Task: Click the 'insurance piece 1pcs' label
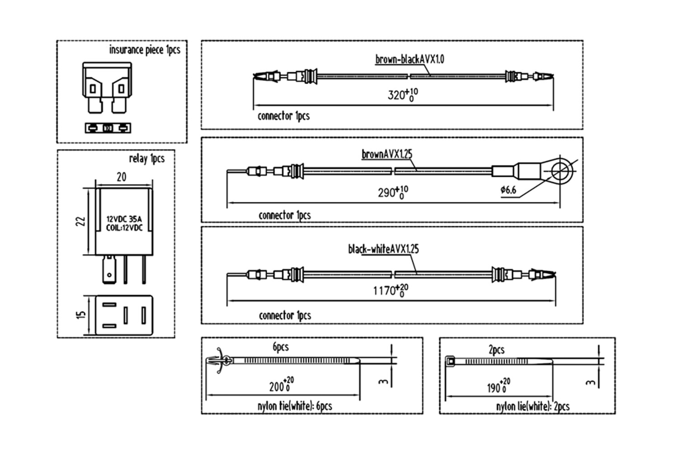145,50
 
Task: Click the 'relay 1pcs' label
147,159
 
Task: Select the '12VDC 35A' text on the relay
124,219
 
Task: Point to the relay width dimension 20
122,177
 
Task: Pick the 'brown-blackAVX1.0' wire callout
410,59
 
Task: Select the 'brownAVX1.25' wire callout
387,154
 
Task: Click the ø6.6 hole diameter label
508,190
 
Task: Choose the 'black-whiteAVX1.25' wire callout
383,249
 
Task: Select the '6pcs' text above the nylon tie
281,347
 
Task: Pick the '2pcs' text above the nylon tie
496,350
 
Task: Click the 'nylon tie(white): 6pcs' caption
295,406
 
